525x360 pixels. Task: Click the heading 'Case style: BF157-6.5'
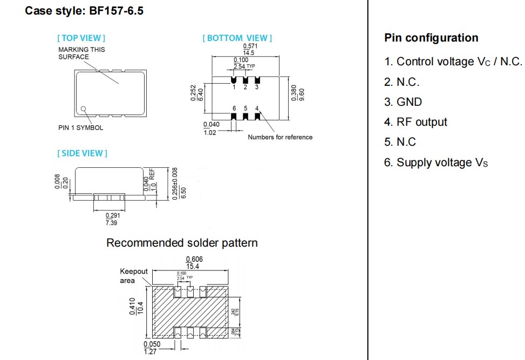pos(84,11)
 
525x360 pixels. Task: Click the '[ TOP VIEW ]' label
pos(81,38)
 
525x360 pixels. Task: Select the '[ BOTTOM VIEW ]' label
pos(237,38)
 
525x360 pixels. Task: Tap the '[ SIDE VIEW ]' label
pos(83,153)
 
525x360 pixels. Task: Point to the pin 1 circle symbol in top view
pos(84,109)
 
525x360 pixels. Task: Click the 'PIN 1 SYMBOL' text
pos(80,128)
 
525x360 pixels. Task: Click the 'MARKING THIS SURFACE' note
pos(81,53)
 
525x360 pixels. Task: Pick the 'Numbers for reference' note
pos(280,137)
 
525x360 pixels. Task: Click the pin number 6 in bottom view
pos(234,108)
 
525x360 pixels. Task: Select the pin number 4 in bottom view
pos(257,108)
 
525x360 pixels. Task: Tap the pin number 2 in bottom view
pos(246,87)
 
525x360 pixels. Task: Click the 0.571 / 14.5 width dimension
pos(249,50)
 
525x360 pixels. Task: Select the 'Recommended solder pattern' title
pos(182,243)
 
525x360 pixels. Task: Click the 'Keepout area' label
pos(134,276)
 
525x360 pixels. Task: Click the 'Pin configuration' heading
pos(431,38)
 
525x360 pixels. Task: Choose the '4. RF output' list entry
pos(415,122)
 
